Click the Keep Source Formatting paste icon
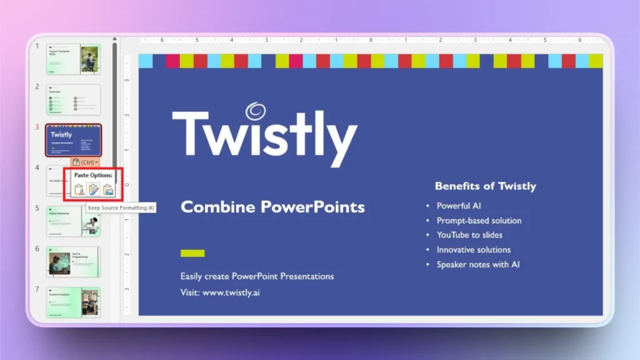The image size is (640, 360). click(x=94, y=189)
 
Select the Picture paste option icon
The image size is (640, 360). click(x=108, y=189)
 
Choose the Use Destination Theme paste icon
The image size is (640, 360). click(x=79, y=189)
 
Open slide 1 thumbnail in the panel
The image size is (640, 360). click(x=73, y=59)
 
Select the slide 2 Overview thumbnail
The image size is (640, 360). click(x=73, y=99)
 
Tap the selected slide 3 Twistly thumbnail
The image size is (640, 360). click(x=73, y=139)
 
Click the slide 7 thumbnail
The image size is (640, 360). click(x=73, y=302)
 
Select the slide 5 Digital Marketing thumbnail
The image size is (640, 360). click(x=73, y=221)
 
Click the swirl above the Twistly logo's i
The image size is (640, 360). click(x=255, y=111)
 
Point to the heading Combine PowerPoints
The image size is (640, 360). click(x=272, y=207)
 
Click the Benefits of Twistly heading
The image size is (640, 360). click(x=485, y=186)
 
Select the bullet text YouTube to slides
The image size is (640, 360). click(x=469, y=235)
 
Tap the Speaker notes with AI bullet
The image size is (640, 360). click(x=478, y=264)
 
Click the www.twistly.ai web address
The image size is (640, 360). click(x=231, y=292)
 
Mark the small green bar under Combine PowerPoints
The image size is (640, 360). click(x=192, y=253)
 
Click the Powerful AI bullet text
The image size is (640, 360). click(x=459, y=206)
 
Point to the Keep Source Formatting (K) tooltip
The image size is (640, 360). click(x=121, y=207)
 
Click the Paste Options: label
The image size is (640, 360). click(x=93, y=176)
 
